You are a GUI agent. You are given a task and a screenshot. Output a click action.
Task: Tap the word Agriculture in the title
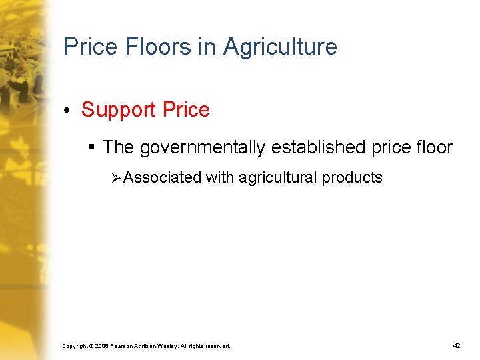pyautogui.click(x=280, y=47)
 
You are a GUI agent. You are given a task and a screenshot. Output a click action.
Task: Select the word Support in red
pyautogui.click(x=116, y=110)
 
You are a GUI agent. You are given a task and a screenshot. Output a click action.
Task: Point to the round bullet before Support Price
pyautogui.click(x=69, y=110)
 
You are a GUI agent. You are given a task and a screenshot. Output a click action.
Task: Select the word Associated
pyautogui.click(x=162, y=177)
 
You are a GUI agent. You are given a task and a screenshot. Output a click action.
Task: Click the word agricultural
pyautogui.click(x=278, y=177)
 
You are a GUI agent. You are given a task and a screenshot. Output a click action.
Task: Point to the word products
pyautogui.click(x=353, y=177)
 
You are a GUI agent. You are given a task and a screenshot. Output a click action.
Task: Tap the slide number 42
pyautogui.click(x=457, y=346)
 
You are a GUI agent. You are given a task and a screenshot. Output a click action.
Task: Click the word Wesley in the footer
pyautogui.click(x=167, y=347)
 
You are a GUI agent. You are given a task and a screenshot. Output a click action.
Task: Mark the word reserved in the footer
pyautogui.click(x=217, y=347)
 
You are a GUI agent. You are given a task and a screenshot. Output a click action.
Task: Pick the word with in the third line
pyautogui.click(x=220, y=177)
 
